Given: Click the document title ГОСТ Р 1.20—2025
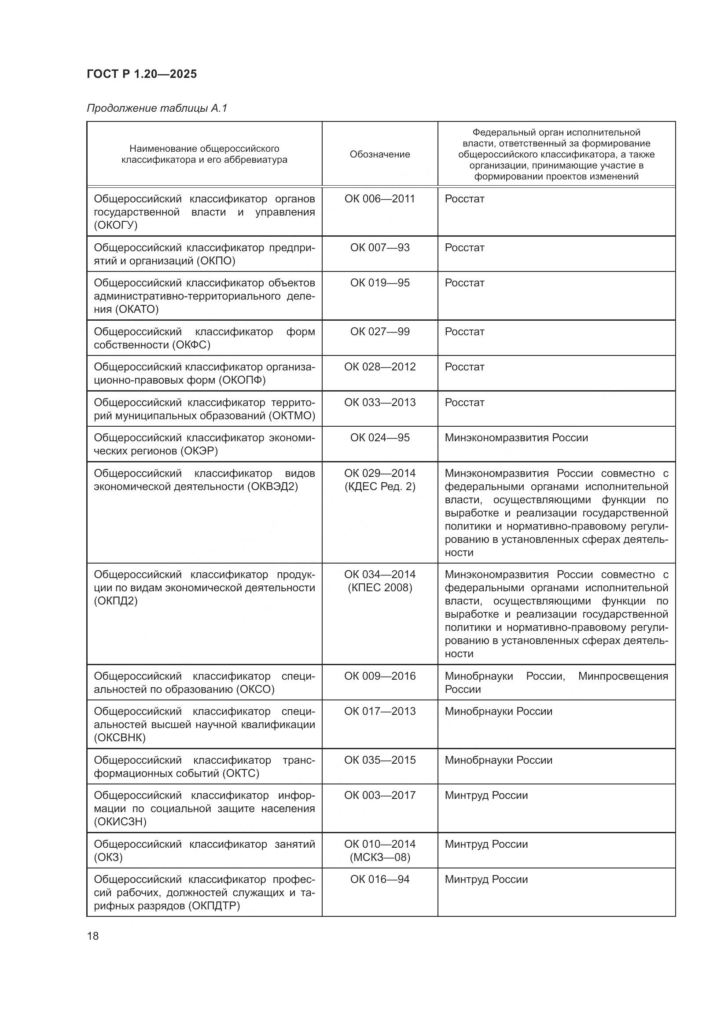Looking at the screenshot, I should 142,74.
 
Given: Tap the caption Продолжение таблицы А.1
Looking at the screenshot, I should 157,108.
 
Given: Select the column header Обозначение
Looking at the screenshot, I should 380,154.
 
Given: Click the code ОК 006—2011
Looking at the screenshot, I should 380,198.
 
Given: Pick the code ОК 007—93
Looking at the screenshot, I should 380,247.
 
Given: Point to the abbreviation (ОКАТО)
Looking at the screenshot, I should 137,309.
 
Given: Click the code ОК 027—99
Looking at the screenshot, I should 380,332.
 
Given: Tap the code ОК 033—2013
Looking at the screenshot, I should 380,403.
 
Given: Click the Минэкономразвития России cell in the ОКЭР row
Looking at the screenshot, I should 516,438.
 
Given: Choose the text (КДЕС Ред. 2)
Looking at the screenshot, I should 380,487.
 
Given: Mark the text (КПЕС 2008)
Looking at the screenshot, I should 380,588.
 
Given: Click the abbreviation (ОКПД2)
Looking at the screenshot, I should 116,601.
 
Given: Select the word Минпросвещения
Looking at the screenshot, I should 623,676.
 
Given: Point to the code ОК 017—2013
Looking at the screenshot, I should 380,711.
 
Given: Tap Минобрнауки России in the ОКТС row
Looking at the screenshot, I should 498,760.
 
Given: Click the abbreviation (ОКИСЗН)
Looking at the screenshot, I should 120,821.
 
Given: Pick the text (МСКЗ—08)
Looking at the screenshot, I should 380,857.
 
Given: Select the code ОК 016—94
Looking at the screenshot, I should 380,879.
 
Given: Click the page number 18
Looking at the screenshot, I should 93,936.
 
